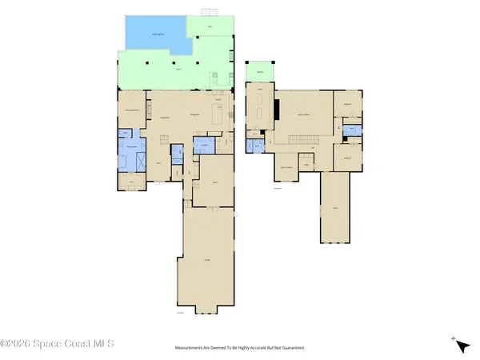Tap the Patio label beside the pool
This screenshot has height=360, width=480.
[x=210, y=28]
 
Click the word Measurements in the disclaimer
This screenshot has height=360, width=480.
[x=192, y=348]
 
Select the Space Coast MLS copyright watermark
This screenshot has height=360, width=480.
[x=58, y=346]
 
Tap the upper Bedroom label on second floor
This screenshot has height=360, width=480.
[x=348, y=104]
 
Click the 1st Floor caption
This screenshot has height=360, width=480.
[x=181, y=312]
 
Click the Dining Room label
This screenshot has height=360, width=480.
[x=165, y=118]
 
